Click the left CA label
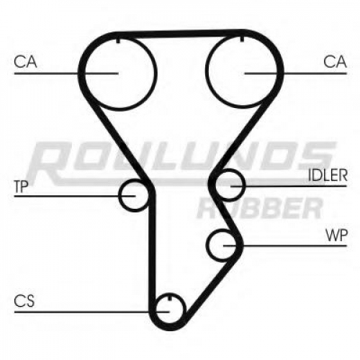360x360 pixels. pyautogui.click(x=25, y=61)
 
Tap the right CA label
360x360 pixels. pyautogui.click(x=335, y=61)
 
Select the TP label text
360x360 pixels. pyautogui.click(x=22, y=186)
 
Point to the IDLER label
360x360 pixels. pyautogui.click(x=328, y=175)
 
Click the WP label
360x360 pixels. pyautogui.click(x=336, y=235)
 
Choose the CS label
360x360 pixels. pyautogui.click(x=24, y=301)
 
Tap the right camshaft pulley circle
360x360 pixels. pyautogui.click(x=206, y=70)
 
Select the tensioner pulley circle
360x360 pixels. pyautogui.click(x=119, y=196)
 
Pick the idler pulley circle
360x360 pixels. pyautogui.click(x=245, y=184)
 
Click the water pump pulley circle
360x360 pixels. pyautogui.click(x=207, y=245)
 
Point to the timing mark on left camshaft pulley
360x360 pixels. pyautogui.click(x=118, y=40)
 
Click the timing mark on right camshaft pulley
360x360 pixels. pyautogui.click(x=242, y=38)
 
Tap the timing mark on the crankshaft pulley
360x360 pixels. pyautogui.click(x=170, y=297)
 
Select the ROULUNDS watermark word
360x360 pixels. pyautogui.click(x=181, y=162)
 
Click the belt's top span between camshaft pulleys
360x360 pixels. pyautogui.click(x=180, y=34)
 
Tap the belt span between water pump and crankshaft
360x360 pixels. pyautogui.click(x=210, y=287)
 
